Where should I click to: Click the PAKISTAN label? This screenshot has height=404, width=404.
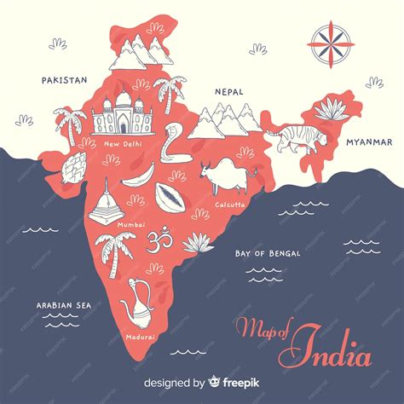pos(64,80)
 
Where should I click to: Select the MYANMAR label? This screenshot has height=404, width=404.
pos(368,141)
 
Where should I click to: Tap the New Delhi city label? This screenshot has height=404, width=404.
pos(124,144)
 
